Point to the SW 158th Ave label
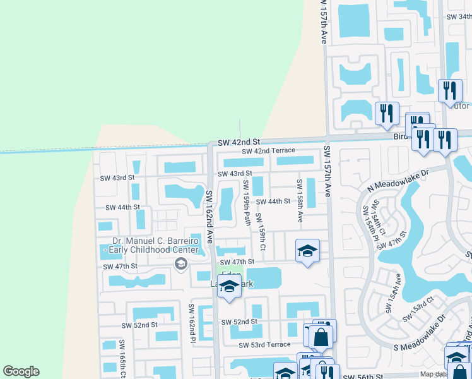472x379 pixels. point(300,200)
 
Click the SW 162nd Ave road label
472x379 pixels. point(208,209)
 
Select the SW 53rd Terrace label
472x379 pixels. point(264,344)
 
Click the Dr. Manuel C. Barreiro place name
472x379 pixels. point(156,240)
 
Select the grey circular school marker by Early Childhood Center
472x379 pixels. point(181,263)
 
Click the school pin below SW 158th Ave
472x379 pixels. point(307,250)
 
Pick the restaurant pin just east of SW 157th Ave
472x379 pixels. point(384,112)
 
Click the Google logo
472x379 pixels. point(21,371)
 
